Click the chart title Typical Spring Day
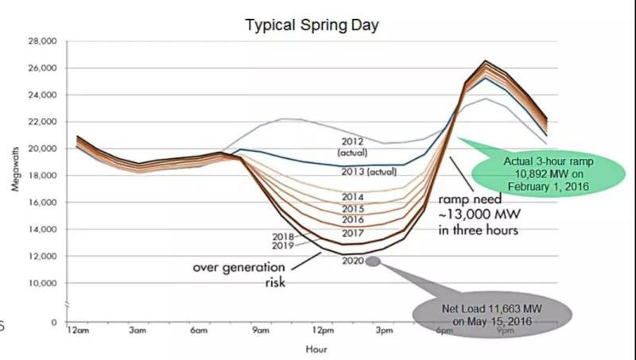click(x=311, y=25)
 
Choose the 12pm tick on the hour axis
click(x=322, y=331)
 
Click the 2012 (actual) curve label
click(x=350, y=146)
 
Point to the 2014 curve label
click(x=353, y=196)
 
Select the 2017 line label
click(x=353, y=233)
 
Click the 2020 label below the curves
click(x=353, y=261)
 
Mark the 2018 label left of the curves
click(x=282, y=236)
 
